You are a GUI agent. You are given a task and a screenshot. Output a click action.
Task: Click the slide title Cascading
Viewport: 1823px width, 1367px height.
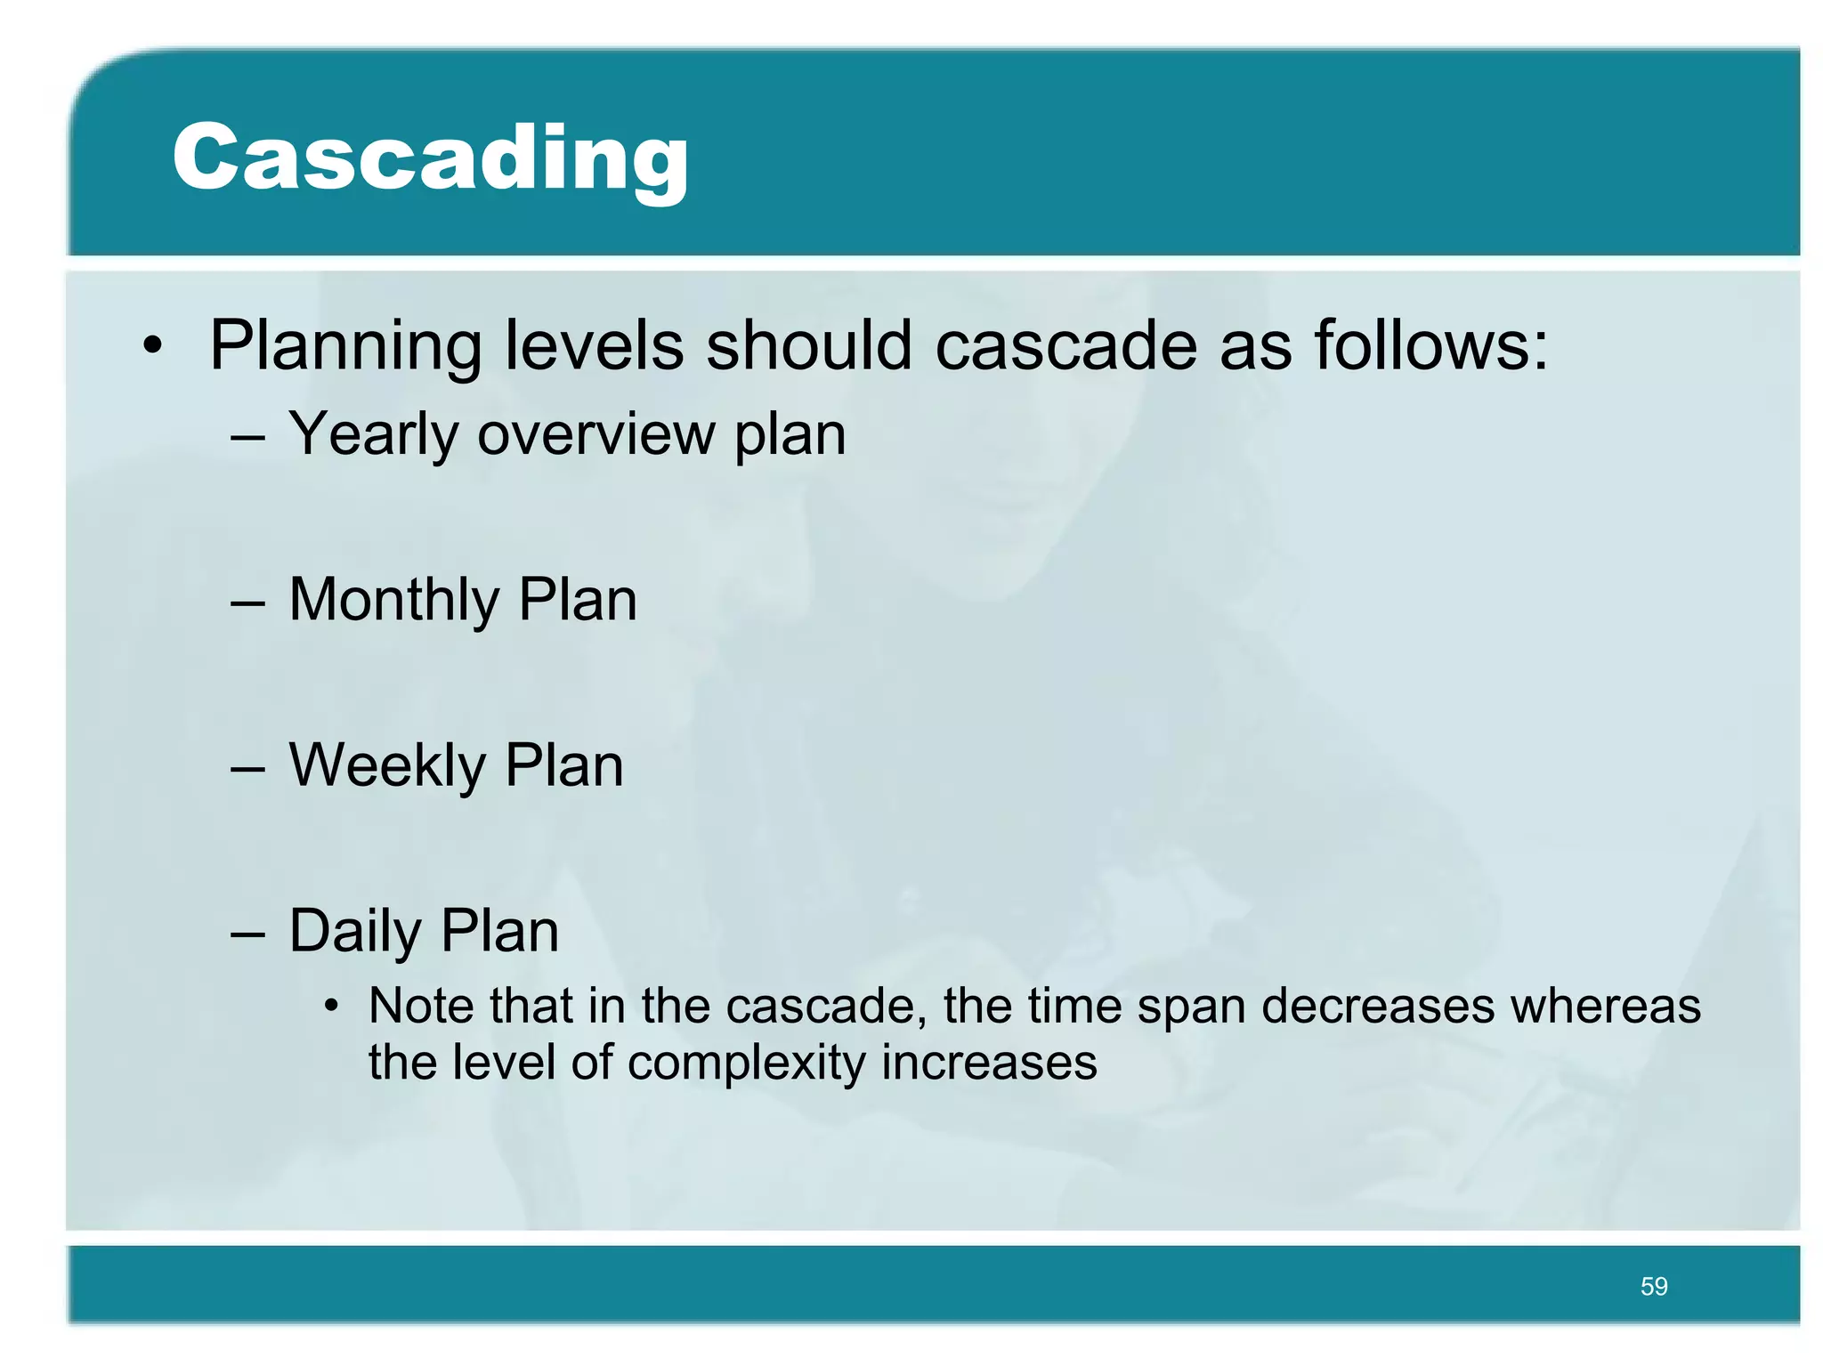pyautogui.click(x=430, y=158)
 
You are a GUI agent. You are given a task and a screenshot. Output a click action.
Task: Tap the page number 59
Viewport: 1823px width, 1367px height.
pyautogui.click(x=1653, y=1286)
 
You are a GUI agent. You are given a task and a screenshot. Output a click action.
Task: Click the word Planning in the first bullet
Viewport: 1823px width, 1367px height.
pyautogui.click(x=345, y=346)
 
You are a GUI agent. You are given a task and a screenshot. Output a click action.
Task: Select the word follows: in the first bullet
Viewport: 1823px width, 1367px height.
pyautogui.click(x=1431, y=345)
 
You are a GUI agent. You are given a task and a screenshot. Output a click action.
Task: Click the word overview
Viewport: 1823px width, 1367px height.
pyautogui.click(x=596, y=434)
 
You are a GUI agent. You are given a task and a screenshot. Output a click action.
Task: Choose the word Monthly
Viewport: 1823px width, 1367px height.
pyautogui.click(x=393, y=600)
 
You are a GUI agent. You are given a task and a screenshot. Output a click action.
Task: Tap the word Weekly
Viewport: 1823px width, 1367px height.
pyautogui.click(x=387, y=766)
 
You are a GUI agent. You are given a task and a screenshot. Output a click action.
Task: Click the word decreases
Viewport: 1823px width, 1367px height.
pyautogui.click(x=1378, y=1007)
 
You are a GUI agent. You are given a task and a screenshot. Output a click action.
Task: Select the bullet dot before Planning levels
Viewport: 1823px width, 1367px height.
pyautogui.click(x=153, y=346)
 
